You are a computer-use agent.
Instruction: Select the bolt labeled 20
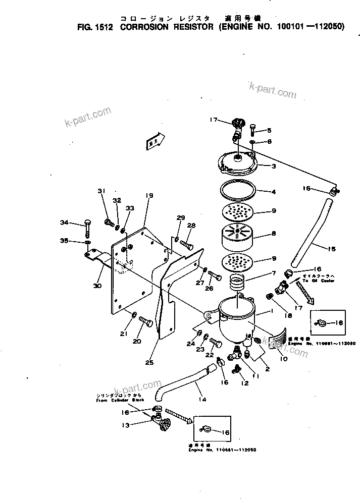[x=145, y=321]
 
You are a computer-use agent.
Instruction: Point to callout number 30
[x=97, y=286]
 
